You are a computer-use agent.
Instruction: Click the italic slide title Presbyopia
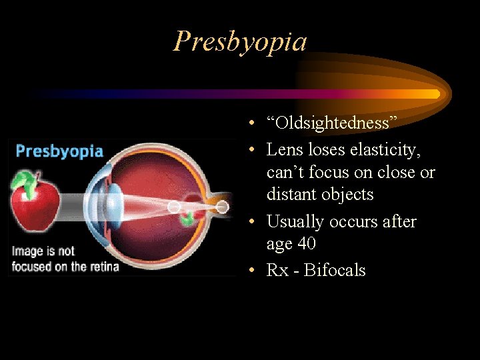pyautogui.click(x=240, y=41)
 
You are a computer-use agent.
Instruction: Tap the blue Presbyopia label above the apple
pyautogui.click(x=59, y=150)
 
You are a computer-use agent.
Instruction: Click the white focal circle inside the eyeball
pyautogui.click(x=174, y=207)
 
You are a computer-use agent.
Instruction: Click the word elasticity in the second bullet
pyautogui.click(x=386, y=150)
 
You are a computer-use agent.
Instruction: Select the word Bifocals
pyautogui.click(x=335, y=270)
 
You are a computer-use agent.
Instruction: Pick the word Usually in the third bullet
pyautogui.click(x=296, y=221)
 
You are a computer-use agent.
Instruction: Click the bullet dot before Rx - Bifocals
pyautogui.click(x=247, y=271)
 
